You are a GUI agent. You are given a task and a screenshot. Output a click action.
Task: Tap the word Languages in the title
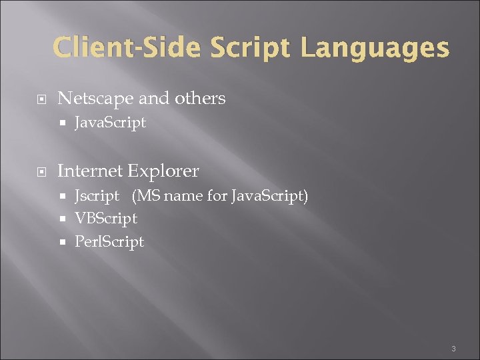pyautogui.click(x=375, y=48)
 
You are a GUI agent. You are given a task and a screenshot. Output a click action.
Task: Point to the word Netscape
pyautogui.click(x=96, y=99)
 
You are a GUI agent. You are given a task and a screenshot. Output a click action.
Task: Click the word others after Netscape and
pyautogui.click(x=200, y=99)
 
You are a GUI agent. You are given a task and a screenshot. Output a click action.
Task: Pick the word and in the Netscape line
pyautogui.click(x=155, y=99)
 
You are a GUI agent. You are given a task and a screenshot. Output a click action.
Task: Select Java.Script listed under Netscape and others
pyautogui.click(x=110, y=123)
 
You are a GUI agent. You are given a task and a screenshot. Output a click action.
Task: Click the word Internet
pyautogui.click(x=91, y=171)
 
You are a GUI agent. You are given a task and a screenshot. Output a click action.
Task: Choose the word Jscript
pyautogui.click(x=97, y=196)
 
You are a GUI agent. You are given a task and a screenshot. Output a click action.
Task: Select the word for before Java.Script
pyautogui.click(x=218, y=196)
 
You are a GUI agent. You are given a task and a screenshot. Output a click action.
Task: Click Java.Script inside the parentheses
pyautogui.click(x=269, y=196)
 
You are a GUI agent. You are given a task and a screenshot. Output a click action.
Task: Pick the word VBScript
pyautogui.click(x=106, y=218)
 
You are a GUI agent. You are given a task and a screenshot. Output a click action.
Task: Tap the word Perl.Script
pyautogui.click(x=109, y=241)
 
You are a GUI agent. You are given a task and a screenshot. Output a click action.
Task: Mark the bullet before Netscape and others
pyautogui.click(x=41, y=99)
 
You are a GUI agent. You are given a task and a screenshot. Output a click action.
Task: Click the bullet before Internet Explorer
pyautogui.click(x=41, y=172)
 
